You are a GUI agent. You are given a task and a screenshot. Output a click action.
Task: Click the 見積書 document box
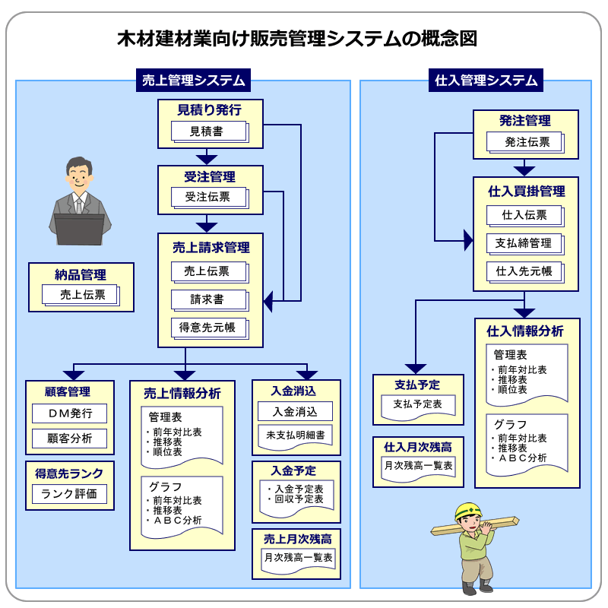pos(207,131)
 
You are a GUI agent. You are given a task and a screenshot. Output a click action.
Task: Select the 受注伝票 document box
pos(207,197)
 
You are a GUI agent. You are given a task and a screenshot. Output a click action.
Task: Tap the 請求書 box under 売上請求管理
pos(207,299)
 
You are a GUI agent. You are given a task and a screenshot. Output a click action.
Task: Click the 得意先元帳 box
pos(207,328)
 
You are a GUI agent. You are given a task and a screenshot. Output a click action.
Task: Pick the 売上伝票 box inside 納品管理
pos(82,295)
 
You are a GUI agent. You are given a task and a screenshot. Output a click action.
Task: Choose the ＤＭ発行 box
pos(70,413)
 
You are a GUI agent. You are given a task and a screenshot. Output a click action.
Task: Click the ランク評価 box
pos(70,495)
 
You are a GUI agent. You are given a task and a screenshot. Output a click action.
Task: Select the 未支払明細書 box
pos(296,435)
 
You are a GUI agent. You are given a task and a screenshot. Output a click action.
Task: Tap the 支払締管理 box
pos(524,243)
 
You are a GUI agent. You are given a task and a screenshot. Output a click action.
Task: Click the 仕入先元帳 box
pos(524,271)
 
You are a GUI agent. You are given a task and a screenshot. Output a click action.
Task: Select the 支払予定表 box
pos(417,404)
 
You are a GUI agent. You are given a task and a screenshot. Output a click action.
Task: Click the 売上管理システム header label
pos(194,80)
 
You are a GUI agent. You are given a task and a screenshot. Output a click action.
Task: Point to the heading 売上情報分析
pos(182,393)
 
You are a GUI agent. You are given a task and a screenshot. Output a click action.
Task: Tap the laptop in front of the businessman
pos(79,228)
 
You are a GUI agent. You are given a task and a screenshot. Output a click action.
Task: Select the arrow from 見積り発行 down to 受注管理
pos(207,157)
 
